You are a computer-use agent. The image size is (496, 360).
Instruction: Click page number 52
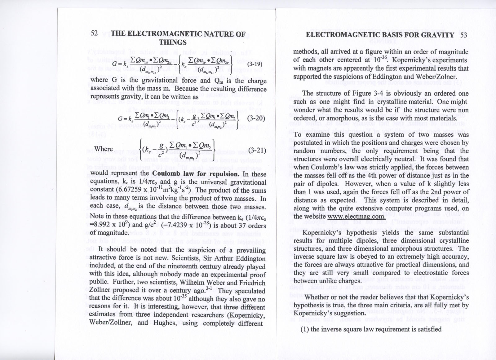[x=94, y=33]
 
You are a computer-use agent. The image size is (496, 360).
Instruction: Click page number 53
[x=463, y=35]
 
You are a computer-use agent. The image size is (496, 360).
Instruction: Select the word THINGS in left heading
[x=173, y=42]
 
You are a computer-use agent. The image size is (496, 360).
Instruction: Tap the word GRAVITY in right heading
[x=437, y=35]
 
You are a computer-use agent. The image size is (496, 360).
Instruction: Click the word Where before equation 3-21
[x=104, y=149]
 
